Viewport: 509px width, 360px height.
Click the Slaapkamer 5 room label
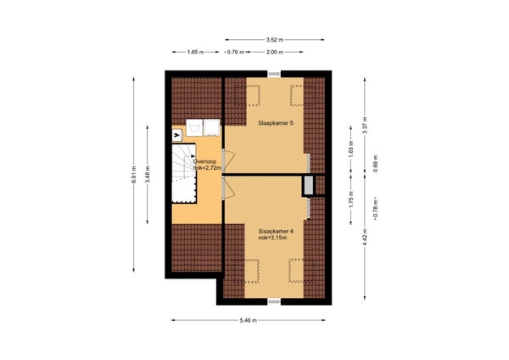pos(275,124)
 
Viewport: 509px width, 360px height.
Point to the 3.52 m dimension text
pos(273,39)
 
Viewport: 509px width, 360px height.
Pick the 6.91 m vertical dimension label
pos(133,174)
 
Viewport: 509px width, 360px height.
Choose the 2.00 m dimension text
pos(275,53)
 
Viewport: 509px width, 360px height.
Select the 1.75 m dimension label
pos(350,200)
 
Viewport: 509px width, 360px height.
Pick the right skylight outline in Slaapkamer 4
pos(296,271)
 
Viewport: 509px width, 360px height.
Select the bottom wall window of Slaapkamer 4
pos(273,301)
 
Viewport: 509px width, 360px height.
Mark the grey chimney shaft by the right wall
pos(307,185)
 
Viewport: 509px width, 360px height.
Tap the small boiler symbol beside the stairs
pos(178,133)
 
